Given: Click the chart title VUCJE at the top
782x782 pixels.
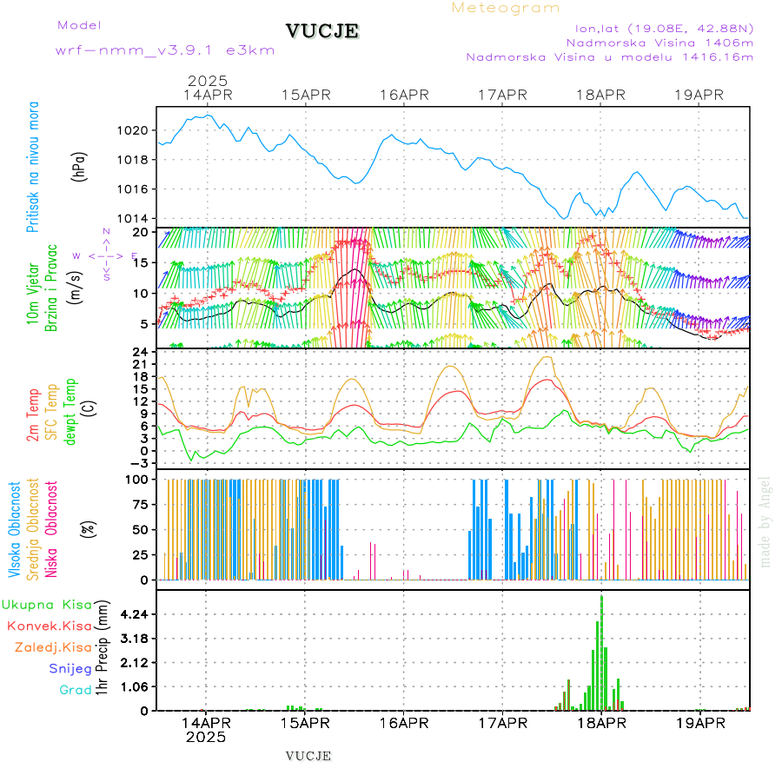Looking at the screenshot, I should pos(321,31).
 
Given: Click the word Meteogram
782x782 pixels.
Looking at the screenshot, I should pos(506,8).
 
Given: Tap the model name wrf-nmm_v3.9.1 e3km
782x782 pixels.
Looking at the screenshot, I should pos(165,50).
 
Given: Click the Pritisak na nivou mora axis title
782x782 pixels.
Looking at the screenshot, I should pos(33,167).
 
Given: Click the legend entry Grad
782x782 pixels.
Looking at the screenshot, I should pos(76,690).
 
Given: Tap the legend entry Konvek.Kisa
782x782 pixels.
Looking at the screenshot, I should pos(49,626).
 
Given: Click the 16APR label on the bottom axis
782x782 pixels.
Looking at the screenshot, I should pos(404,722).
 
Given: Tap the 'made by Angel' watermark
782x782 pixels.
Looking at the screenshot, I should pos(765,521).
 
